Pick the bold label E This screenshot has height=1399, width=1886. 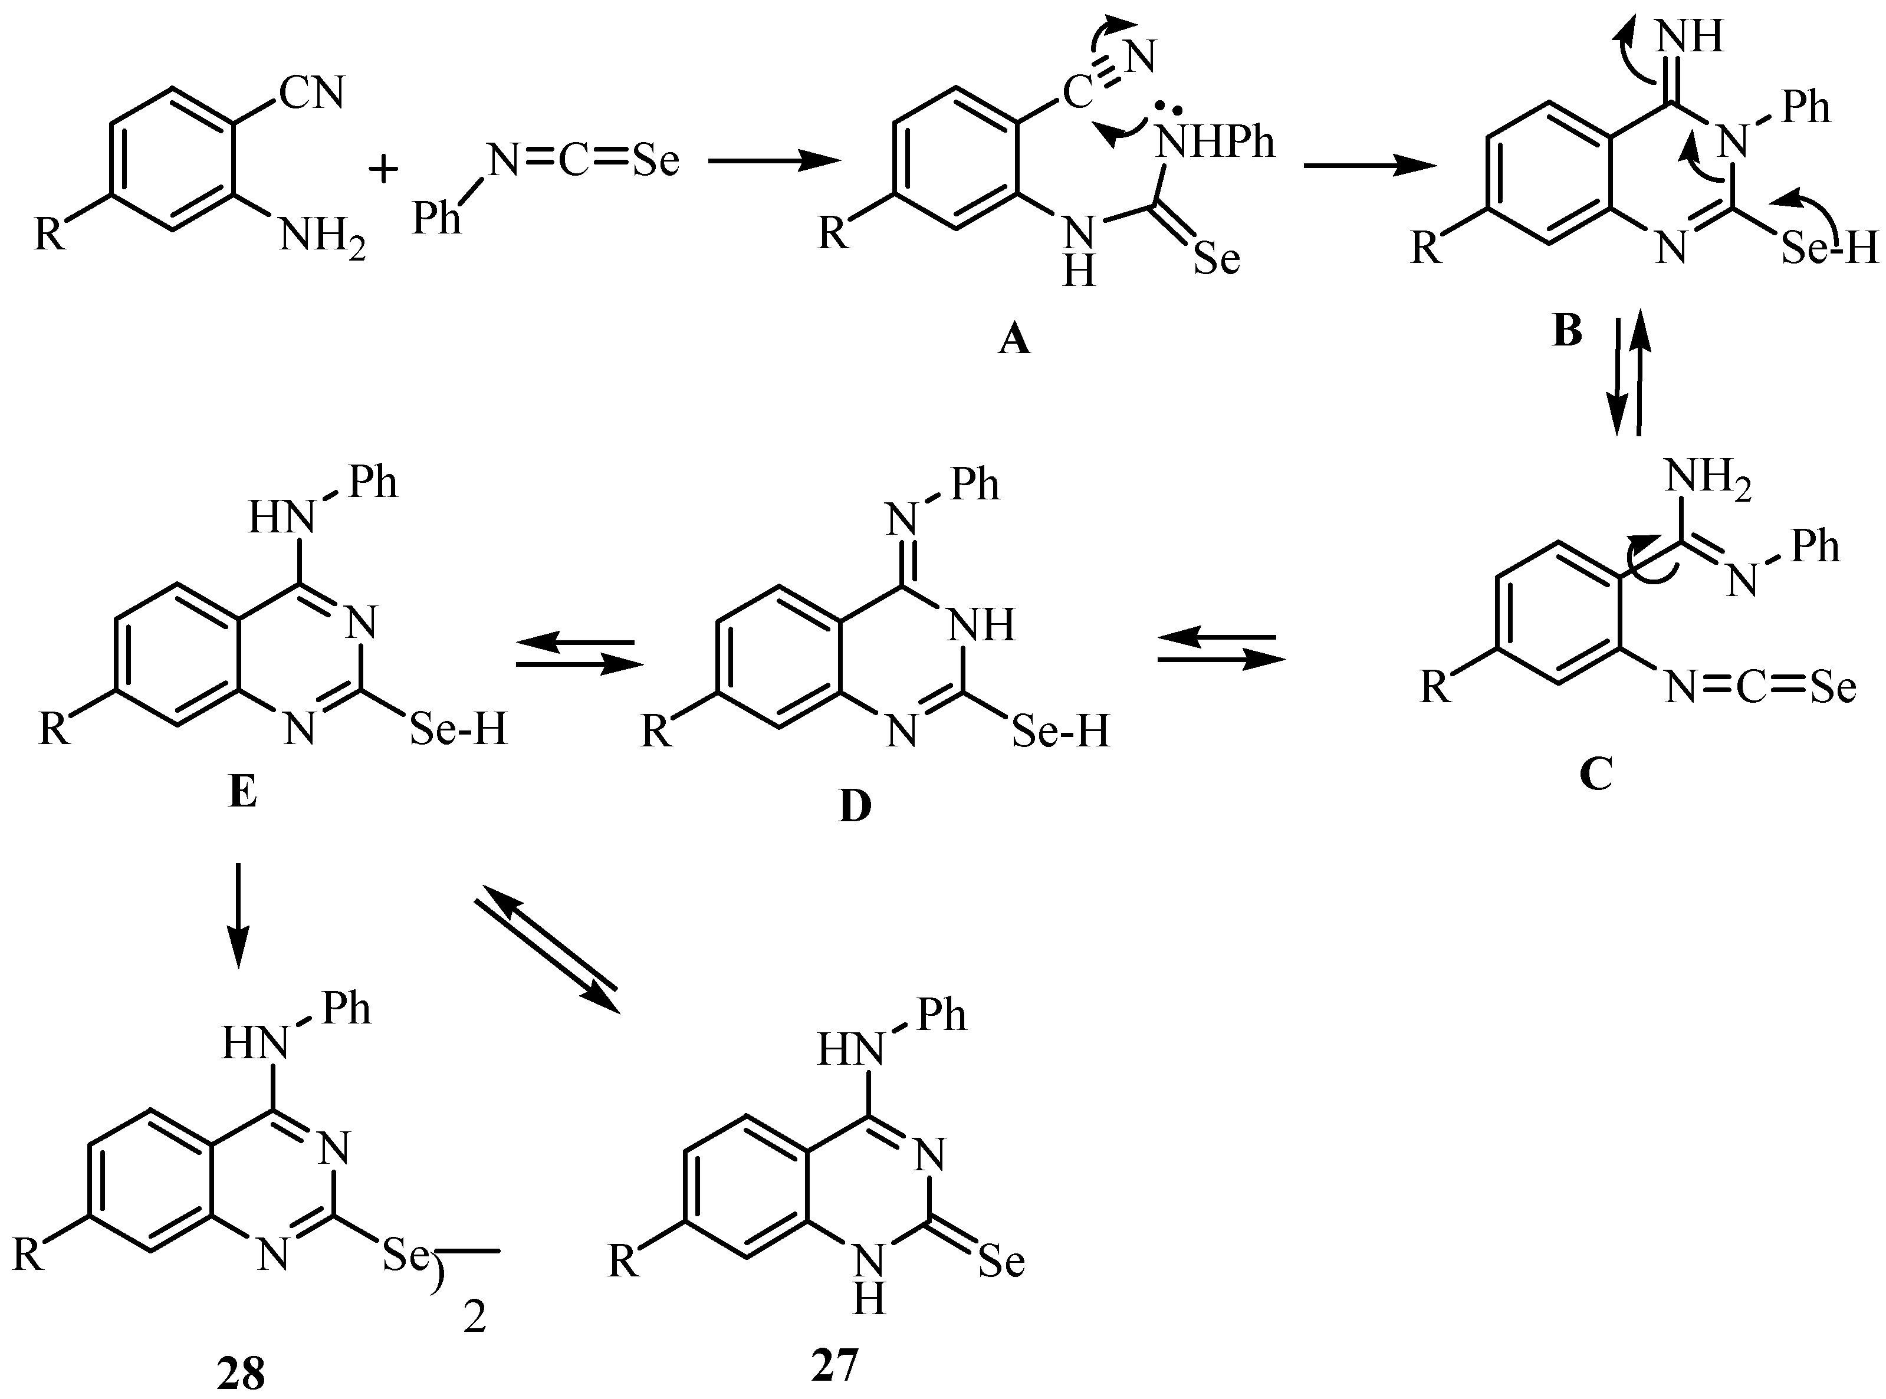point(242,794)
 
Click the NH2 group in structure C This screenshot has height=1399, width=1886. point(1707,479)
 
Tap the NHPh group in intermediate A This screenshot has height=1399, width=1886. point(1215,142)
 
